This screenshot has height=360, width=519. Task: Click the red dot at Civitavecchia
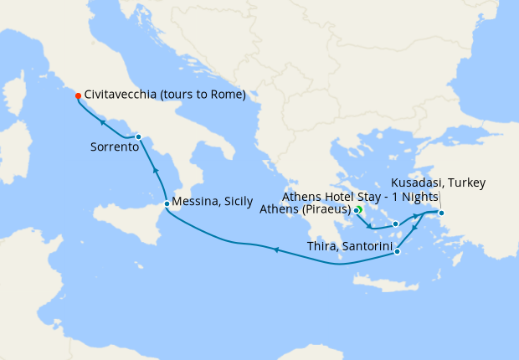77,95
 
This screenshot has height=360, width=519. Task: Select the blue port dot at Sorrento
138,136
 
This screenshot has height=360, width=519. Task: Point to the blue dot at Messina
167,203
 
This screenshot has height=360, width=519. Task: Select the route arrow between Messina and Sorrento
156,170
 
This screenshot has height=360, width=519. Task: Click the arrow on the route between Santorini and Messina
275,249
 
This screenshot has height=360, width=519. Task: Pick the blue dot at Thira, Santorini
397,251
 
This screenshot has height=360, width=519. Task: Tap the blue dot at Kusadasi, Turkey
441,213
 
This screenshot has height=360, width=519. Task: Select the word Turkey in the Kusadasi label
466,183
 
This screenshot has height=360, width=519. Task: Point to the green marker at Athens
357,209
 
